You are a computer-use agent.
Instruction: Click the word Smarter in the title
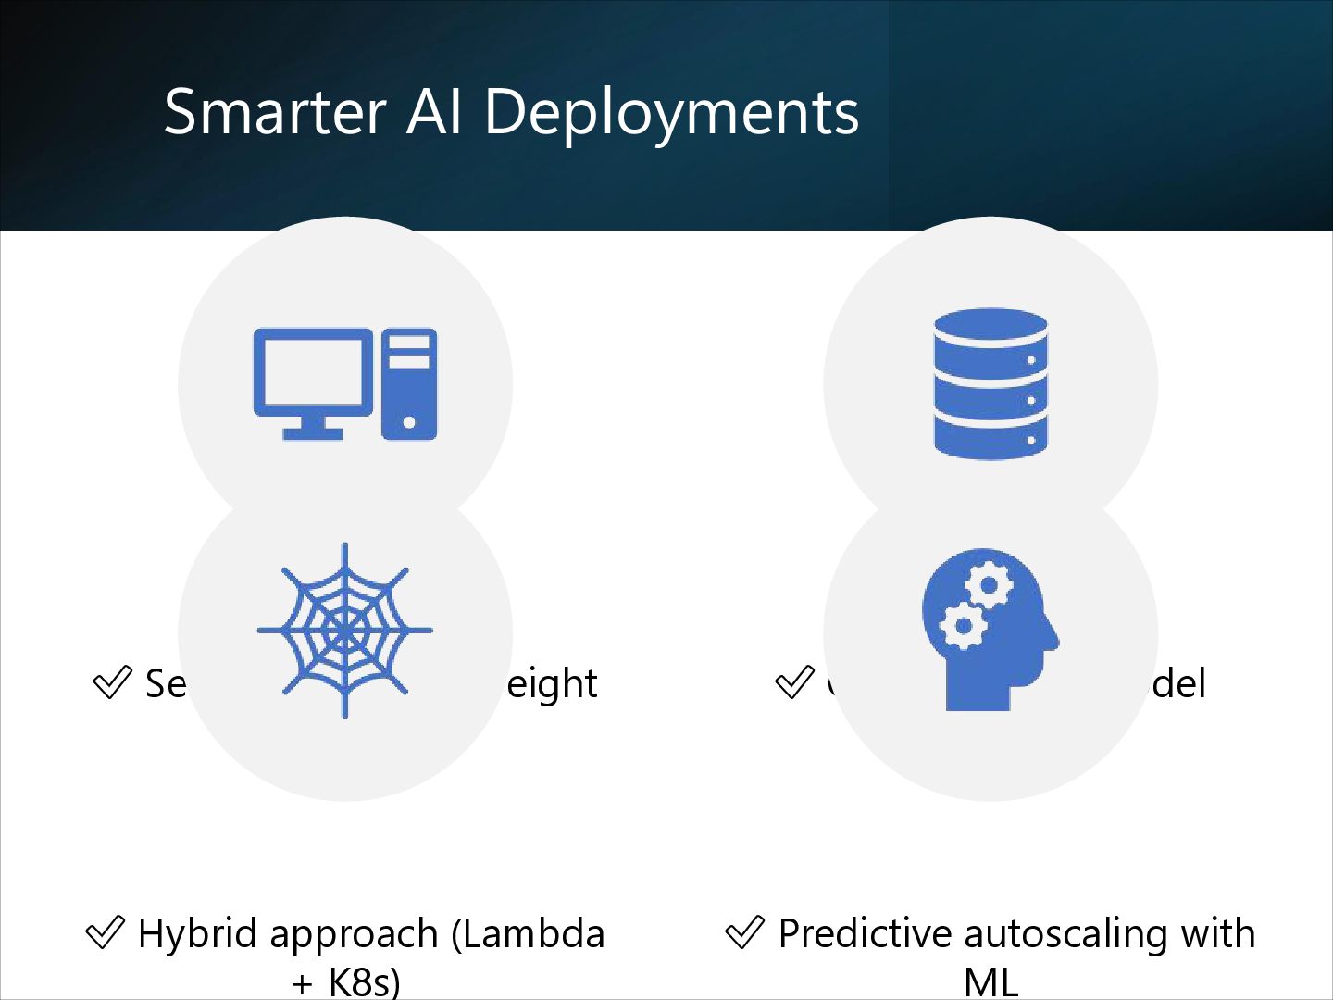pyautogui.click(x=274, y=112)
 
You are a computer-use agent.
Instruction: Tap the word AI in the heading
pyautogui.click(x=433, y=112)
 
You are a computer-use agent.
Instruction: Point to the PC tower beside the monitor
pyautogui.click(x=408, y=383)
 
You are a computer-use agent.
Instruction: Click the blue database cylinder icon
pyautogui.click(x=990, y=383)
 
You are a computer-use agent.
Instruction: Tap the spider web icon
pyautogui.click(x=344, y=631)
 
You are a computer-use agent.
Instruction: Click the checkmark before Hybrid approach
pyautogui.click(x=105, y=932)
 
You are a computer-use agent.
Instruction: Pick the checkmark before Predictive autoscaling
pyautogui.click(x=744, y=932)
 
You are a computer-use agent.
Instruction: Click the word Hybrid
pyautogui.click(x=195, y=933)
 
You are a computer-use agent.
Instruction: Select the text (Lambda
pyautogui.click(x=528, y=933)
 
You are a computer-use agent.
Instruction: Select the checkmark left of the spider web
pyautogui.click(x=112, y=683)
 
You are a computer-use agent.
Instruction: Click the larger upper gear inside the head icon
pyautogui.click(x=989, y=586)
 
